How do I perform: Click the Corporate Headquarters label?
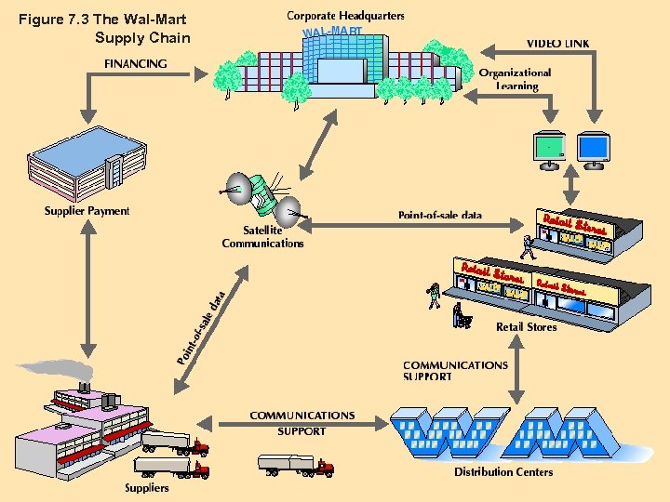345,16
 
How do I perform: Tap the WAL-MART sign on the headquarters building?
332,33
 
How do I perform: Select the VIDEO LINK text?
557,44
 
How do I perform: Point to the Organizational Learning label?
516,79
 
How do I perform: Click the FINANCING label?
136,64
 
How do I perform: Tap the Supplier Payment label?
87,211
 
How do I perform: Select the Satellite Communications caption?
262,237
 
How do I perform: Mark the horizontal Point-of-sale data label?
440,216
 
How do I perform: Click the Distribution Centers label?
502,471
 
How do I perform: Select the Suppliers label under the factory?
147,487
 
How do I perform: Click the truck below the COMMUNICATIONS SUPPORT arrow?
296,465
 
